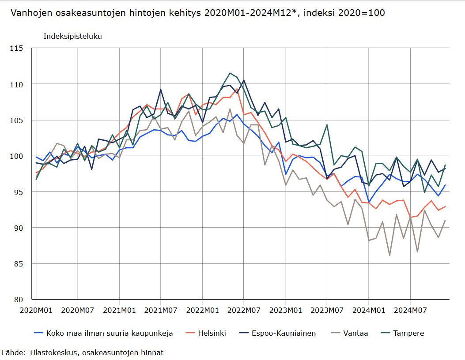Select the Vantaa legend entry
click(x=355, y=333)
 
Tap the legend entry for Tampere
click(x=408, y=333)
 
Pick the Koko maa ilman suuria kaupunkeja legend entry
click(x=109, y=333)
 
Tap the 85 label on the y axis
click(x=18, y=264)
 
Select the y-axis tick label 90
click(x=18, y=228)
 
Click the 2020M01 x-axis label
click(x=36, y=310)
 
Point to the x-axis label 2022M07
click(x=244, y=310)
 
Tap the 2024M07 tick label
click(x=410, y=310)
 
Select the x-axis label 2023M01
click(x=285, y=310)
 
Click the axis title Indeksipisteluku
click(x=72, y=36)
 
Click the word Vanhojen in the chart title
click(x=31, y=13)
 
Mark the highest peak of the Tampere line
click(x=230, y=73)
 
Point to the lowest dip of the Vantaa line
click(x=389, y=255)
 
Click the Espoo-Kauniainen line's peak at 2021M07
click(x=160, y=90)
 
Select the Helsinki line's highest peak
click(x=237, y=89)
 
